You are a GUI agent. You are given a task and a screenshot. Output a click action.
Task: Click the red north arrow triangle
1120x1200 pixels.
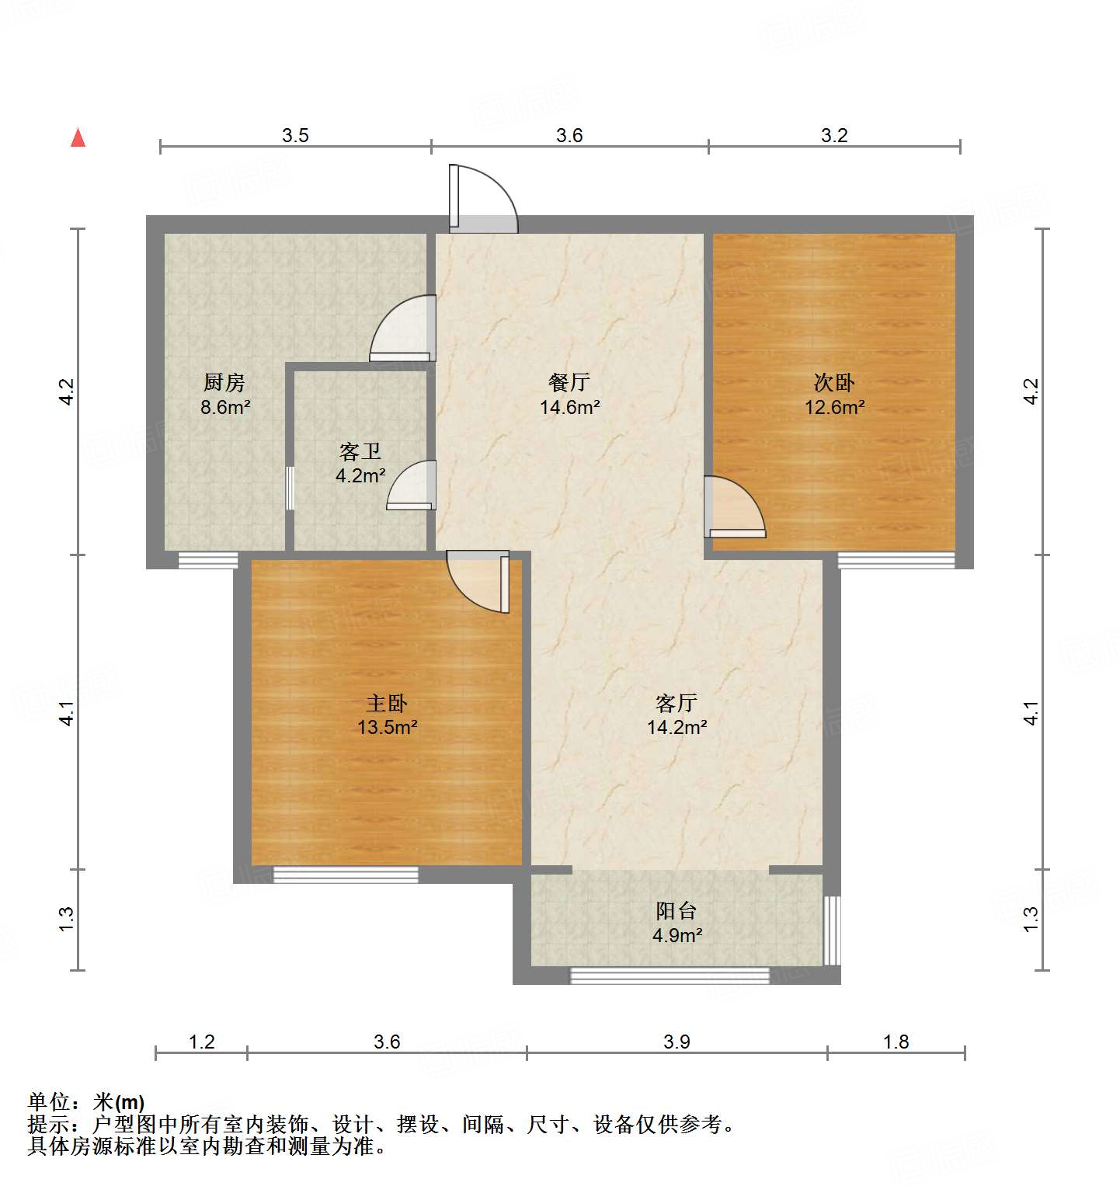tap(78, 138)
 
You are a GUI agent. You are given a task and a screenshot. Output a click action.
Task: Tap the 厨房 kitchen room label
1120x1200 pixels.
tap(224, 382)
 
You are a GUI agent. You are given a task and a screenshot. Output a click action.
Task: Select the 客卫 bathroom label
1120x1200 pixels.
tap(360, 451)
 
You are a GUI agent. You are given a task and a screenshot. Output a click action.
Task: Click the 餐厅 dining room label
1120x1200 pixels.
tap(569, 382)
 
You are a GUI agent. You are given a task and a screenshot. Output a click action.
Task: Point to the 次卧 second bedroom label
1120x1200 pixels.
tap(834, 382)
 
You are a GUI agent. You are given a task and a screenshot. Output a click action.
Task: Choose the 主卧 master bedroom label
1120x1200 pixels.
tap(387, 703)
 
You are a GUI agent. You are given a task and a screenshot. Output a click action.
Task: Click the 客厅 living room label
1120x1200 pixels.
tap(677, 703)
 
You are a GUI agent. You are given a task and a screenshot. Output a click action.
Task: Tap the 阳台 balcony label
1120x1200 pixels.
tap(677, 910)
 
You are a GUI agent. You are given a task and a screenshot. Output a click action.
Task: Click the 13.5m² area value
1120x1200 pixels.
tap(387, 728)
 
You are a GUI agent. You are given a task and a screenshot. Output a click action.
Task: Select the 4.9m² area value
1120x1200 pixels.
tap(677, 935)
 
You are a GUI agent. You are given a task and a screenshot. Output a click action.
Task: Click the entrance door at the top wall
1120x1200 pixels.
tap(482, 200)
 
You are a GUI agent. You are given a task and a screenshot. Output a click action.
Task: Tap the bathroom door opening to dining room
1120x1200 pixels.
tap(412, 486)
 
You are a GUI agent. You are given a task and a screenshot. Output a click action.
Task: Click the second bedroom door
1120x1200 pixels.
tap(733, 508)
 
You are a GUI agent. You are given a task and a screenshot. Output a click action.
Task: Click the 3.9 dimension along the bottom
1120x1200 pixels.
tap(677, 1042)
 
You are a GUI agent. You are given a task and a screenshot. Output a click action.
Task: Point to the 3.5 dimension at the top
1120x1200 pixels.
tap(295, 135)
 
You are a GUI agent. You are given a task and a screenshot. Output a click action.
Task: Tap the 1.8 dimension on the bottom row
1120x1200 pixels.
tap(896, 1042)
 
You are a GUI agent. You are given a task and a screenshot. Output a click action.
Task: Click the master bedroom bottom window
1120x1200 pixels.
tap(346, 875)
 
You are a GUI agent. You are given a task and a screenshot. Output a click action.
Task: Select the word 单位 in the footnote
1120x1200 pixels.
tap(49, 1101)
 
